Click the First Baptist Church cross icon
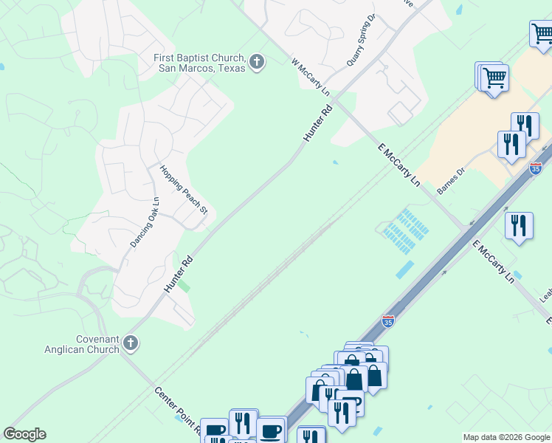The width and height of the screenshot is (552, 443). point(257,61)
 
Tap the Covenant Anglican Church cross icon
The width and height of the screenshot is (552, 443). point(131,343)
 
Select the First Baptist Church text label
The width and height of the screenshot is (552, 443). point(199,63)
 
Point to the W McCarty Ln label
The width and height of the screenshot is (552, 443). point(309,77)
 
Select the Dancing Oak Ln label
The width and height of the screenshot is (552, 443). point(145,221)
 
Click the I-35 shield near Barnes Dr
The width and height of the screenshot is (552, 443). point(536,169)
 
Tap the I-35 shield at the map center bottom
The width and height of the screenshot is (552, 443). point(388,321)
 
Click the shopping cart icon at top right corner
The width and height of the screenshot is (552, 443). point(542,33)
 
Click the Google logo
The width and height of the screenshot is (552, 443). point(24,434)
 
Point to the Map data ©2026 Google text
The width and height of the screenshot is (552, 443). point(506,437)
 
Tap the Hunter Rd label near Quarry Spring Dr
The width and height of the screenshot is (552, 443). point(318,123)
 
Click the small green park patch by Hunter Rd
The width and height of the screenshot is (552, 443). point(186,286)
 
